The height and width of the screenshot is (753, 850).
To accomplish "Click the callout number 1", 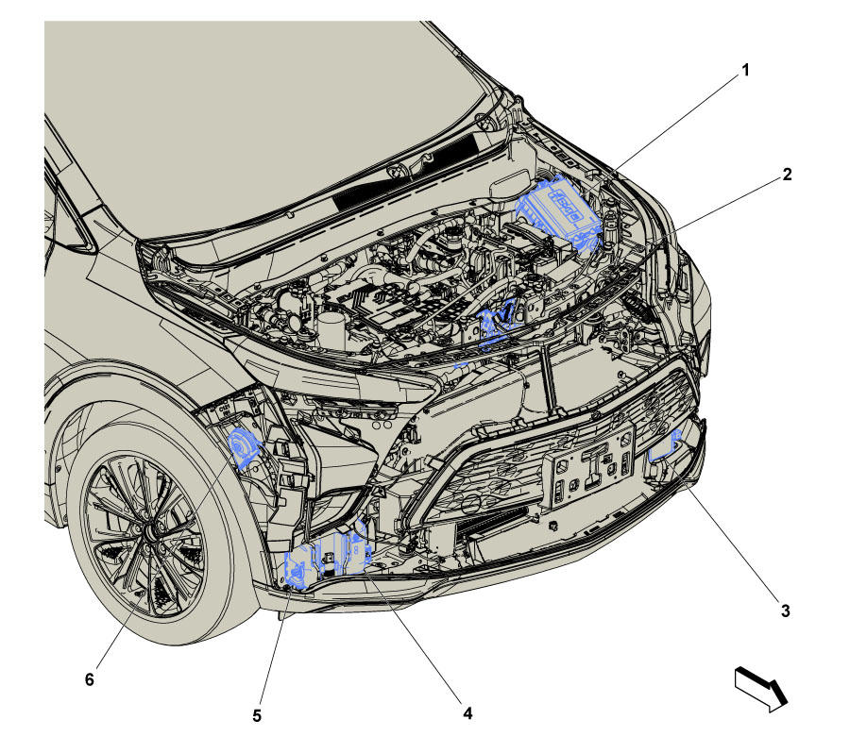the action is pyautogui.click(x=745, y=71).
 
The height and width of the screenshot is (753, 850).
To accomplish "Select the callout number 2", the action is pyautogui.click(x=787, y=175).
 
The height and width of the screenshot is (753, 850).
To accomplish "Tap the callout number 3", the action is pyautogui.click(x=785, y=611).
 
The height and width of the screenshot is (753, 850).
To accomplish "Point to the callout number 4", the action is pyautogui.click(x=467, y=713).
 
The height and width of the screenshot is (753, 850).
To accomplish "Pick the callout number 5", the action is pyautogui.click(x=256, y=715).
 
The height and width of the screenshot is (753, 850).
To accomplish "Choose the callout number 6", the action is pyautogui.click(x=90, y=678).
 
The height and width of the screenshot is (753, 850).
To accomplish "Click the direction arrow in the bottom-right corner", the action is pyautogui.click(x=760, y=689).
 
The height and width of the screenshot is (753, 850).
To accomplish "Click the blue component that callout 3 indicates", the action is pyautogui.click(x=664, y=446).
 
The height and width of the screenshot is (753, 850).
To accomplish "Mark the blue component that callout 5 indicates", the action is pyautogui.click(x=297, y=570).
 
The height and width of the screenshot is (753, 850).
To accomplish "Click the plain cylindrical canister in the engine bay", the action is pyautogui.click(x=331, y=329).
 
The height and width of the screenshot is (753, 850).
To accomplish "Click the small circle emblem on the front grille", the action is pyautogui.click(x=473, y=503).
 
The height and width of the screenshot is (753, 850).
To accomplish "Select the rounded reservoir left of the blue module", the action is pyautogui.click(x=510, y=184).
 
